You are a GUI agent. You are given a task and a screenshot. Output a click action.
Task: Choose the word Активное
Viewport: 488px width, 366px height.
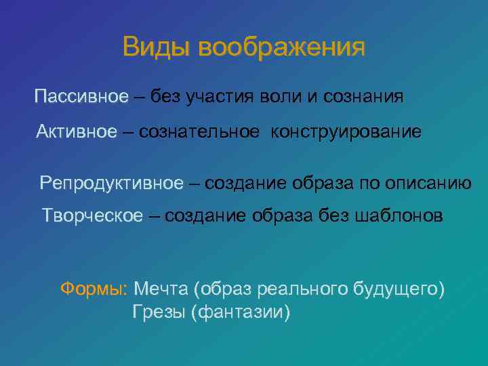pyautogui.click(x=77, y=131)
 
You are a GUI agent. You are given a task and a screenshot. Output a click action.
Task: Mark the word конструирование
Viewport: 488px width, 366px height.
pyautogui.click(x=346, y=131)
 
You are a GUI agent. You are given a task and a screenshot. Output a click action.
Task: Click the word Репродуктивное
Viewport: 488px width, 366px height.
pyautogui.click(x=111, y=182)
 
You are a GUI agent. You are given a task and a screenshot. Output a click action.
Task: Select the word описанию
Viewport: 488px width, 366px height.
pyautogui.click(x=428, y=182)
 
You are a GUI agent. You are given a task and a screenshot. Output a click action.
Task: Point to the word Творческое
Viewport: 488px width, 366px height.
pyautogui.click(x=93, y=216)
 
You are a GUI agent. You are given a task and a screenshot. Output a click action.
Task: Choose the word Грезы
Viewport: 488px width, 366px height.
pyautogui.click(x=160, y=312)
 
